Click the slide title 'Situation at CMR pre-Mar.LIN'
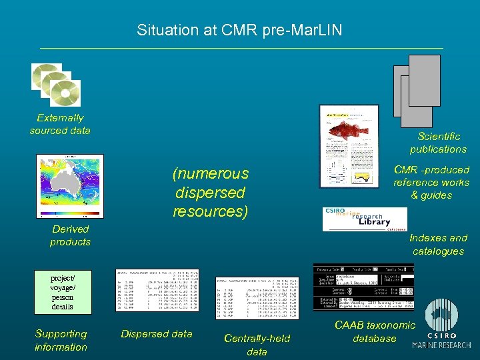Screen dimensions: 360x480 point(239,30)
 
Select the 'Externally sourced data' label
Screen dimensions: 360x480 point(60,124)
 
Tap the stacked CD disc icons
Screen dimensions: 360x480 point(56,85)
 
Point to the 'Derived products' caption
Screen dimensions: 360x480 point(70,235)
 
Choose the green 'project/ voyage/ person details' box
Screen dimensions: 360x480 point(62,292)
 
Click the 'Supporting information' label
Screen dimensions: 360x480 point(61,340)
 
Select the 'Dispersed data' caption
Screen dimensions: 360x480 point(157,334)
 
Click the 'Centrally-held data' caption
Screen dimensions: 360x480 point(257,345)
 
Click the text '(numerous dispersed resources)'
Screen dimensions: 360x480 point(210,193)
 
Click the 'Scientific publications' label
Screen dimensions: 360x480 point(438,143)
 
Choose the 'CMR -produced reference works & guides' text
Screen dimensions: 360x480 point(431,182)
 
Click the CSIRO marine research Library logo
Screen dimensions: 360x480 point(364,219)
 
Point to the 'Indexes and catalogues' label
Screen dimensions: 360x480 point(438,244)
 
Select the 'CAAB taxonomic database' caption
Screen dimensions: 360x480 point(374,331)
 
